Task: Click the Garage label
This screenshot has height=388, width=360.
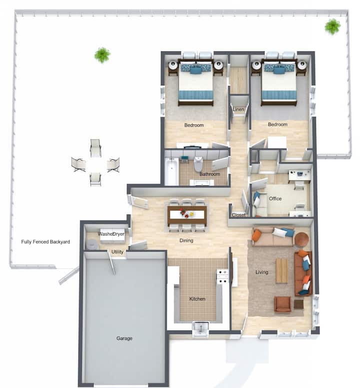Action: [124, 338]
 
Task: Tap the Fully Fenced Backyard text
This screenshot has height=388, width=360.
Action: [45, 242]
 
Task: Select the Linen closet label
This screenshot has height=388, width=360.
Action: [238, 109]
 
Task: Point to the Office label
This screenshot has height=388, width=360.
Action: [275, 198]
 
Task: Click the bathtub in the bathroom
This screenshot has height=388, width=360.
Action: [171, 171]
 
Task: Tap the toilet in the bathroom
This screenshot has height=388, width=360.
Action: [198, 164]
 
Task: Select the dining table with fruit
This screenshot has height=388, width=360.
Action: [187, 214]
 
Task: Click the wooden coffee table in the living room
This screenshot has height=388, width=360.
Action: [282, 271]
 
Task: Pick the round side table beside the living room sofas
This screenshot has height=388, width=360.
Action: [302, 239]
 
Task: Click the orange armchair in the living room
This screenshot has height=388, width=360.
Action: [282, 304]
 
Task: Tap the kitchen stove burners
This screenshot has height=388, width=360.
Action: [222, 277]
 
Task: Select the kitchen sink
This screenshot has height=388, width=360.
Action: [200, 329]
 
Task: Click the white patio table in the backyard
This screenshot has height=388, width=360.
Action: [95, 164]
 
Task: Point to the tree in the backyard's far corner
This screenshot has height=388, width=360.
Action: [332, 26]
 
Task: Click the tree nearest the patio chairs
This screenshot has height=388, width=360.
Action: [102, 55]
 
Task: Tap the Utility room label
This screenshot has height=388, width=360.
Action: [117, 252]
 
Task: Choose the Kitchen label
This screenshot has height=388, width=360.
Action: [197, 299]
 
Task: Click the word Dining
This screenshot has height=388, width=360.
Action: [186, 240]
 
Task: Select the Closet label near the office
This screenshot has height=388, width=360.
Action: [238, 215]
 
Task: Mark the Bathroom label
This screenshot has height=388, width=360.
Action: [209, 174]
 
